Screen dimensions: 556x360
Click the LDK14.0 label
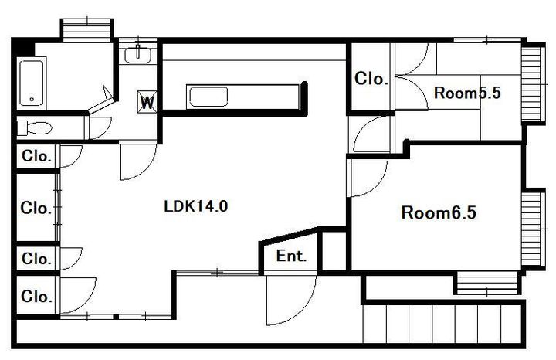195,206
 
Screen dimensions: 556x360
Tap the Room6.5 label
439,212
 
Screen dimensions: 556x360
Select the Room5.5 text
467,93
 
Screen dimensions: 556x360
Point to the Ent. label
291,256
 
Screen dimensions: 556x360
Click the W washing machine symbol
147,102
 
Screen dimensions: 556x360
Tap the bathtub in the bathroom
32,83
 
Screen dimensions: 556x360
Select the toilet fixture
35,128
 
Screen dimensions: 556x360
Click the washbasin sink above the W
137,56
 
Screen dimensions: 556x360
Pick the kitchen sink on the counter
208,97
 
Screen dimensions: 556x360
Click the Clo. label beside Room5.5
371,79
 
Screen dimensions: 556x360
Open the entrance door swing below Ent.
291,300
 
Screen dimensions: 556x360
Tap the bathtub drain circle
32,100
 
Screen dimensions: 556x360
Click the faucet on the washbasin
138,51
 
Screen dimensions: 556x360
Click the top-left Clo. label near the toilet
37,156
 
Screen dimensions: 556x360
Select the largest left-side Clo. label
36,208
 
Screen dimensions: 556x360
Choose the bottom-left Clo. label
37,296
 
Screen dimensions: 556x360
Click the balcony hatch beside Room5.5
533,83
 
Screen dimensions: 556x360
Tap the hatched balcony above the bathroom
87,31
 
